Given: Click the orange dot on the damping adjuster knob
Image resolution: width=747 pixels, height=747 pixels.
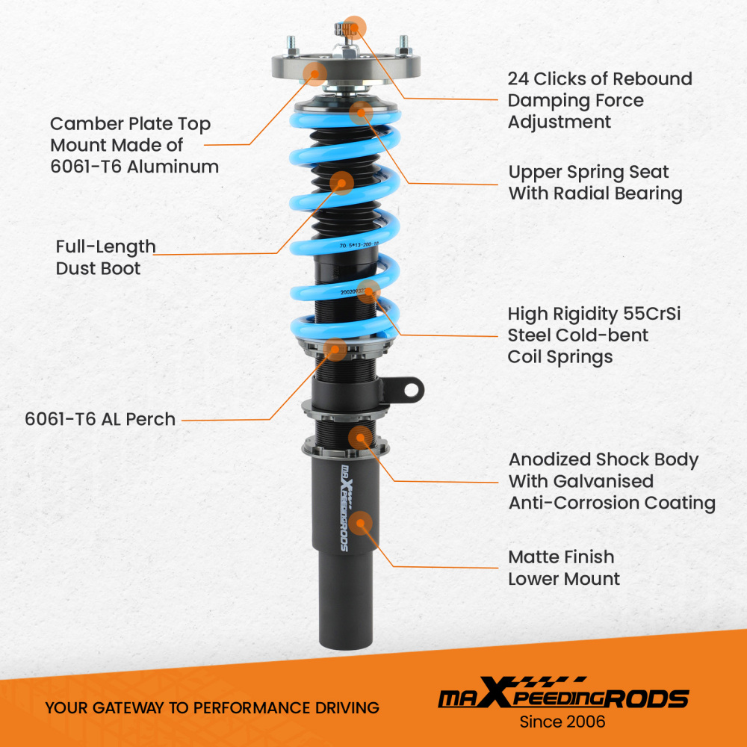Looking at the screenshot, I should coord(355,28).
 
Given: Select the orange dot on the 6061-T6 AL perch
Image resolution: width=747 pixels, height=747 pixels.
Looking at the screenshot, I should coord(336,348).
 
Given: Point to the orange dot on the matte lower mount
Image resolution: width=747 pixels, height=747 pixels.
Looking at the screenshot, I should coord(361,523).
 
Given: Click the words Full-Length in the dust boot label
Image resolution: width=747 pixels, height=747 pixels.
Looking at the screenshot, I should coord(105,247).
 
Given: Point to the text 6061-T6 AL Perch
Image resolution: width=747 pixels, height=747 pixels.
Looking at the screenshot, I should coord(100,419).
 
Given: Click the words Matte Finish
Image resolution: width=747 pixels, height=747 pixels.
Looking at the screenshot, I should coord(561,557).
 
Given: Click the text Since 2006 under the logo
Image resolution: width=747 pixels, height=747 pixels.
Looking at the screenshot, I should coord(562,722).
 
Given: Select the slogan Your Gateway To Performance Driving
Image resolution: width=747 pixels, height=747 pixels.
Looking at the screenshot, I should coord(212,707).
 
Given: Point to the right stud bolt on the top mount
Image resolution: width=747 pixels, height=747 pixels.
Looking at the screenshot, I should coord(403,43).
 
